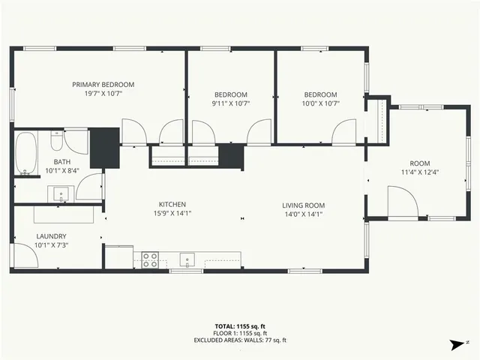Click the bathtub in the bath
pos(26,154)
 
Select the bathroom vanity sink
pos(60,194)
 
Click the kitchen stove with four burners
pos(150,259)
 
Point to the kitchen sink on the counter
pos(186,260)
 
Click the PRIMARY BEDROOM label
pos(103,85)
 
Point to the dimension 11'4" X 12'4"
pos(419,172)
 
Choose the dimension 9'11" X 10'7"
pos(230,103)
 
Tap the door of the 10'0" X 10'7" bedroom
pos(346,131)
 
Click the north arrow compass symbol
pos(456,344)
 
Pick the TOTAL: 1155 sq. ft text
pos(240,326)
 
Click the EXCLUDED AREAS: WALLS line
pos(240,340)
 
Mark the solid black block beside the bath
pos(105,148)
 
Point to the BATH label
pos(61,161)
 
